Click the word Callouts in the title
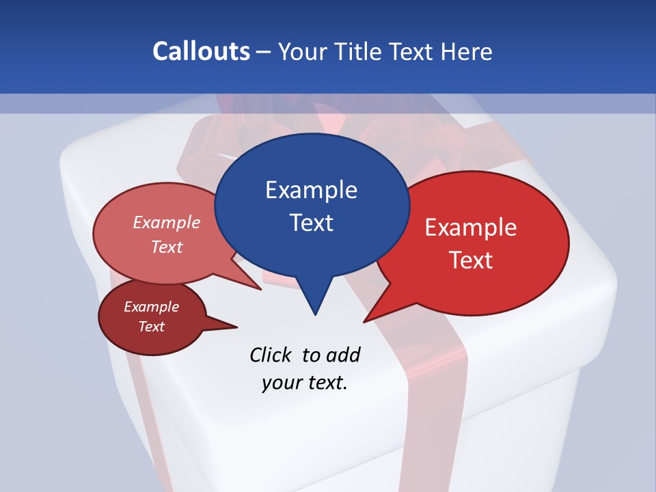(201, 51)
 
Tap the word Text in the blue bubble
(311, 222)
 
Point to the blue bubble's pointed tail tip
(315, 314)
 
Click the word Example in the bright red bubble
(471, 228)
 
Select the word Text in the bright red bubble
(471, 260)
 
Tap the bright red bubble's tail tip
(365, 321)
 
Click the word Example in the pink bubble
(167, 222)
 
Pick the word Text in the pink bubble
(167, 247)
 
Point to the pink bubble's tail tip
(260, 289)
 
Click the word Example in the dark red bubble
(151, 307)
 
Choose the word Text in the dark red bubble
(151, 327)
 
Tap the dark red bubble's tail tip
(236, 327)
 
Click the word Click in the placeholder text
(271, 355)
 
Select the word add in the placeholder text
(343, 355)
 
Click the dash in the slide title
(264, 52)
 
